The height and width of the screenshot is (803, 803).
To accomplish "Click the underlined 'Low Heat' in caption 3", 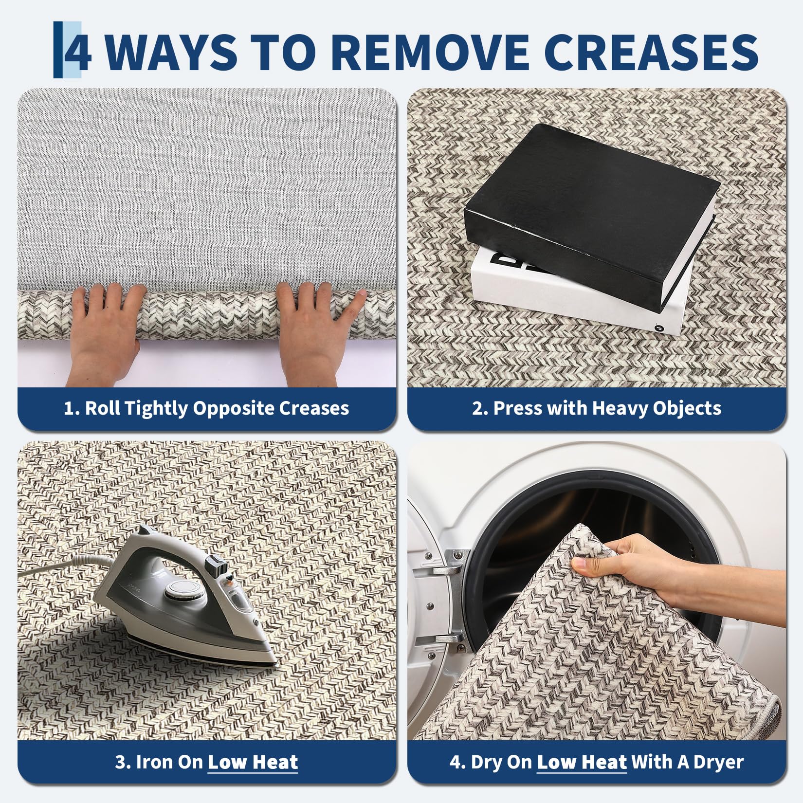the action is (x=253, y=762).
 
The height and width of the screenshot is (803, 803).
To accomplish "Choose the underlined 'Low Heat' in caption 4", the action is (x=582, y=762).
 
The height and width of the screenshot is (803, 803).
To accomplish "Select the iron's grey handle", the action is (x=185, y=545).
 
